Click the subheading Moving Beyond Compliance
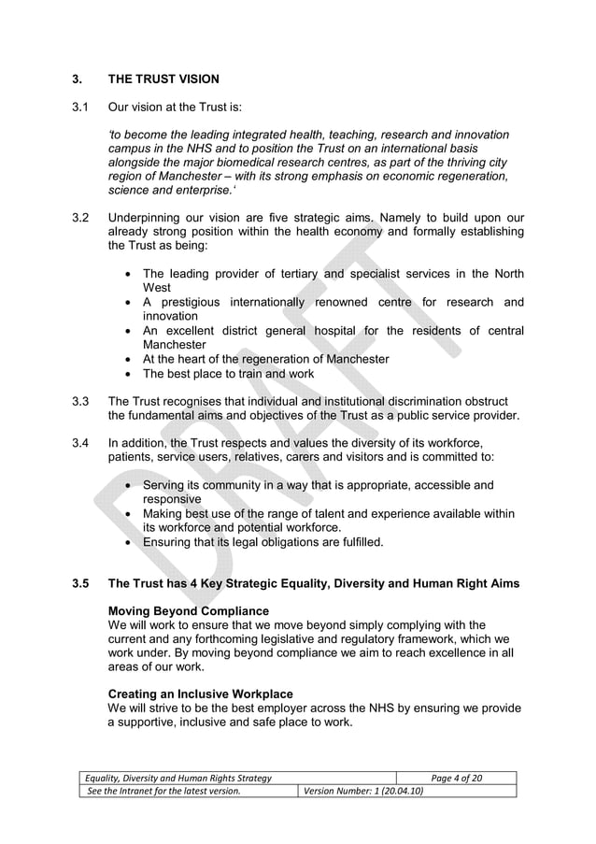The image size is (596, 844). point(189,611)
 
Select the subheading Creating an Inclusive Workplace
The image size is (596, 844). point(201,694)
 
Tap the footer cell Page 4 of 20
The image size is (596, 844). point(456,778)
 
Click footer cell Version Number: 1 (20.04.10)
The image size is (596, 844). point(359,791)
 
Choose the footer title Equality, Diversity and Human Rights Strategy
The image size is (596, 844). point(178,778)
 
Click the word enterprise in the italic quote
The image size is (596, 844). point(190,191)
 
